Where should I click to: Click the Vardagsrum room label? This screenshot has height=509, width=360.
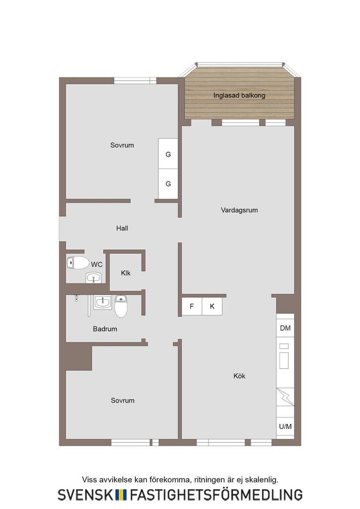point(239,210)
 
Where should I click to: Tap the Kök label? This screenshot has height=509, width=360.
point(239,376)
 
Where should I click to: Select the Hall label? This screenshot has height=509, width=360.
point(122,228)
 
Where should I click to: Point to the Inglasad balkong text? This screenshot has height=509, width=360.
point(239,95)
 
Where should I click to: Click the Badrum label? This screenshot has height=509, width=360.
point(105,329)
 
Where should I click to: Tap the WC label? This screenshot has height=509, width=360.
point(97,264)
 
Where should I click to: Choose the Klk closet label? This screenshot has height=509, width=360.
point(126,273)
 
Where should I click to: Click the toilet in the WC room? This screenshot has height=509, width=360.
point(78,262)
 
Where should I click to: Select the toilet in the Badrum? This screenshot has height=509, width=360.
point(121,306)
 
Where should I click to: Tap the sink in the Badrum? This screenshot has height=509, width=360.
point(103,302)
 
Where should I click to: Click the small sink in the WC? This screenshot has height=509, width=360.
point(94,278)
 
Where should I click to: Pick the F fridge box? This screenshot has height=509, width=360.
point(192,306)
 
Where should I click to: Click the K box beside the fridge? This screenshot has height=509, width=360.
point(212,306)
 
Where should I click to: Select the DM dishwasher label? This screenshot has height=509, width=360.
point(285,328)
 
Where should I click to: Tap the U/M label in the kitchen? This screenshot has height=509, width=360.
point(285,426)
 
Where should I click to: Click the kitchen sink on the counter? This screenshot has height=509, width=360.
point(284,356)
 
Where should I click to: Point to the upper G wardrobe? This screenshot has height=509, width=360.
point(168,154)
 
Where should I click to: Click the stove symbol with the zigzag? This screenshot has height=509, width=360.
point(285,397)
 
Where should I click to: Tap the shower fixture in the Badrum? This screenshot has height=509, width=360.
point(76,298)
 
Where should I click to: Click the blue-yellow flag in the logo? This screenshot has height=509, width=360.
point(121,495)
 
